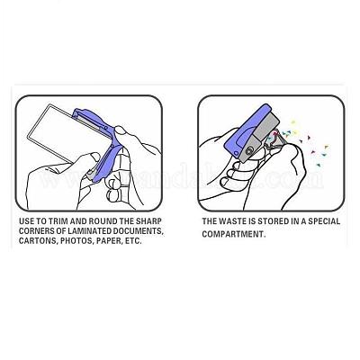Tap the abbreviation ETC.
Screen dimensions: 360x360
132,241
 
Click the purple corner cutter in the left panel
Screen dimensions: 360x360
99,141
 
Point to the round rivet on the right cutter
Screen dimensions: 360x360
248,151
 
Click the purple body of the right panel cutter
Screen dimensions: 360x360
240,128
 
